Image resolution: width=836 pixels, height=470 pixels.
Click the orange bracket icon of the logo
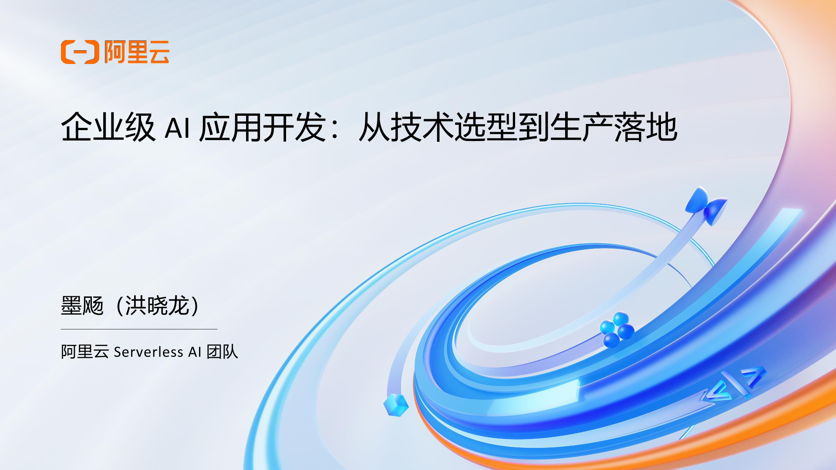[80, 52]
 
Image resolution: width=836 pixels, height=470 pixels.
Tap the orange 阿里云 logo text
[137, 52]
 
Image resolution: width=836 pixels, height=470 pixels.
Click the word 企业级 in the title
[108, 127]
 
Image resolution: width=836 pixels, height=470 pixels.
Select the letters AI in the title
[177, 128]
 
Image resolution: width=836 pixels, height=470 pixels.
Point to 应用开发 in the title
[263, 127]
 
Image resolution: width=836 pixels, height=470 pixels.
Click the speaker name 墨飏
[82, 305]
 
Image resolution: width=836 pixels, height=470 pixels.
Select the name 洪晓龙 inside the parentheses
[157, 305]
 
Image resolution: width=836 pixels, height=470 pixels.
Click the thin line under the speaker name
[139, 329]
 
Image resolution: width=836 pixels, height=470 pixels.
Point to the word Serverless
[148, 352]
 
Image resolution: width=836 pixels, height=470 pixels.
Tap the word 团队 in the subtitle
[222, 352]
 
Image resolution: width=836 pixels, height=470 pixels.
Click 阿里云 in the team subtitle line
[85, 352]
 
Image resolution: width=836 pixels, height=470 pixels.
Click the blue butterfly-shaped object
[706, 205]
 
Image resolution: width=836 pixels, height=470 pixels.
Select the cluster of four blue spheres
[617, 329]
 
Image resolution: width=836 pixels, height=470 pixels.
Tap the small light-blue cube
[396, 405]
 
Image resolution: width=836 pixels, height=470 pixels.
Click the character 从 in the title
[374, 127]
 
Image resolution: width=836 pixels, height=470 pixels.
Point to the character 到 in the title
[533, 127]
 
